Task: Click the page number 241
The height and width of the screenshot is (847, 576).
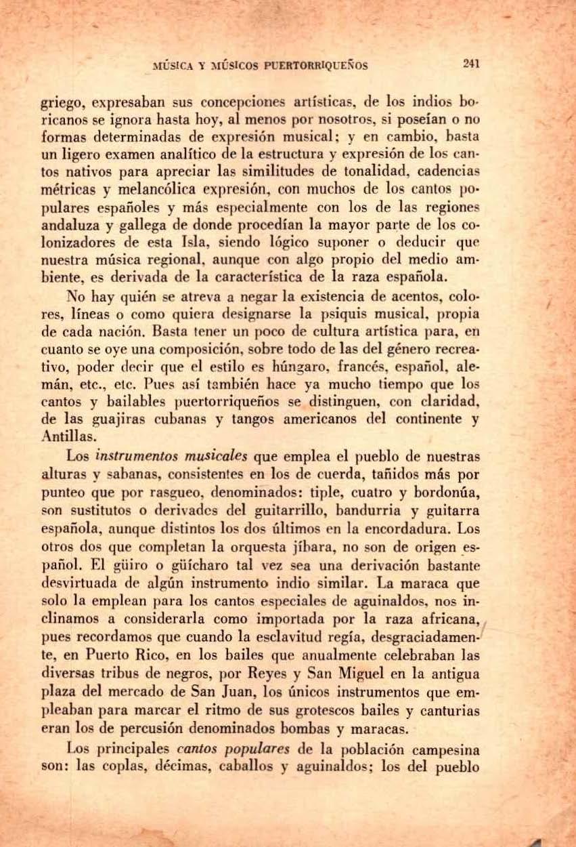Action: click(472, 64)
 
